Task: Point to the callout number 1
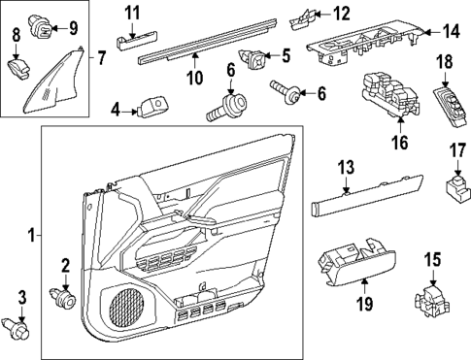(32, 234)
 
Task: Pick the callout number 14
(449, 31)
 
